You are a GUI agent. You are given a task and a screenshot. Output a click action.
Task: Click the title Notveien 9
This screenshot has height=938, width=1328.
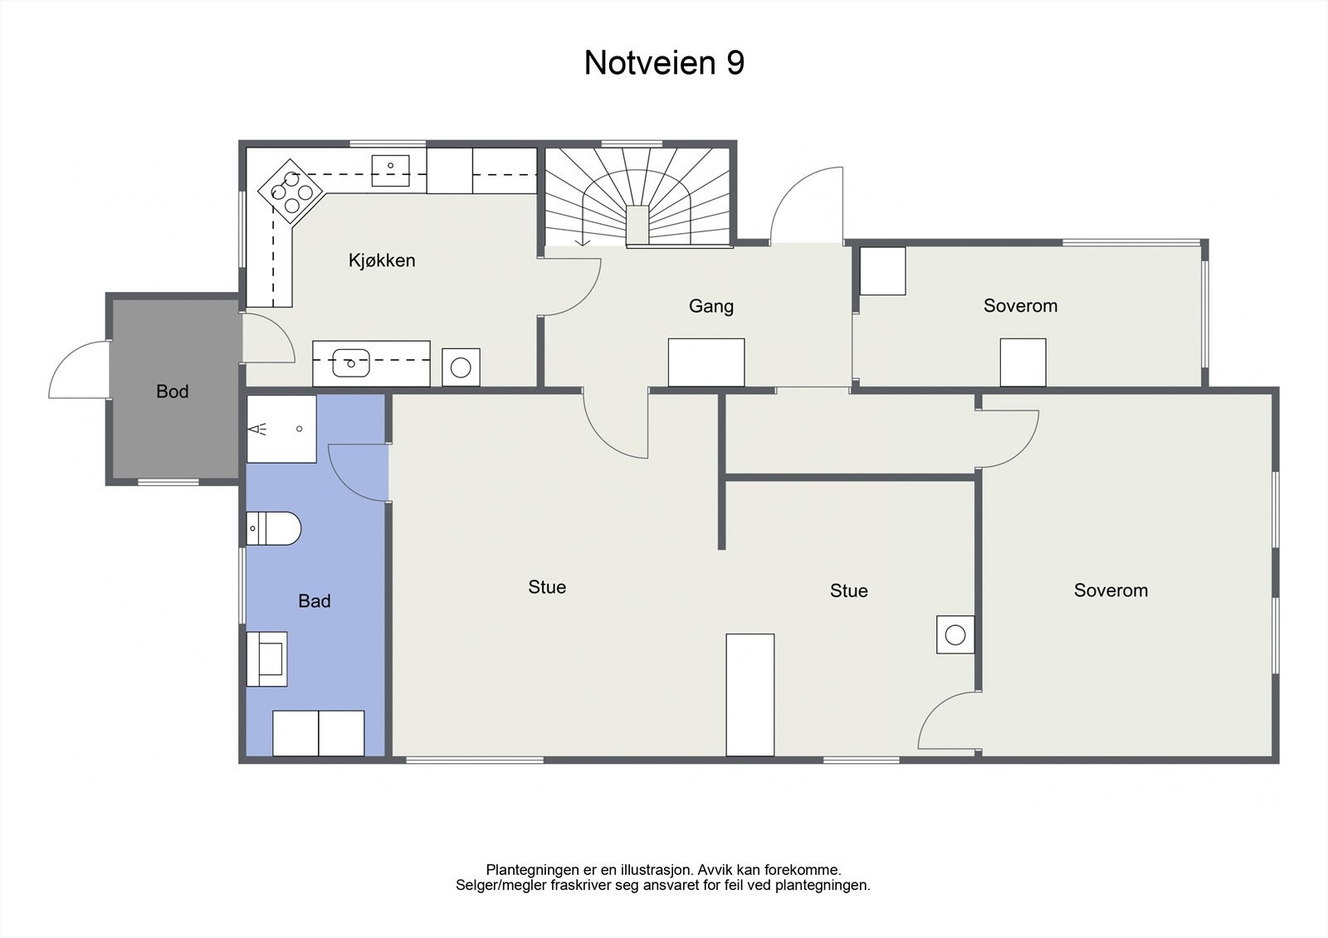point(664,63)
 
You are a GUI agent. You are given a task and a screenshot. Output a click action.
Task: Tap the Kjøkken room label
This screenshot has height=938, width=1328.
point(382,260)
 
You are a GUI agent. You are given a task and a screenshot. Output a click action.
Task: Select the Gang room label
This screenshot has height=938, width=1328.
point(711,306)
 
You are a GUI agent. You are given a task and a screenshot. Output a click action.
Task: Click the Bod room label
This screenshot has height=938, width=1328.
point(173,391)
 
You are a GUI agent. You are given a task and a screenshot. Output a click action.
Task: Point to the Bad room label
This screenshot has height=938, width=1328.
point(315,601)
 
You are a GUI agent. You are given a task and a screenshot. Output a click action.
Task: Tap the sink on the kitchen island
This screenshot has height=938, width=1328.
point(351,362)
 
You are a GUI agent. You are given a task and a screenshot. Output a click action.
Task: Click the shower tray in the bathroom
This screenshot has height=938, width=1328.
point(281,429)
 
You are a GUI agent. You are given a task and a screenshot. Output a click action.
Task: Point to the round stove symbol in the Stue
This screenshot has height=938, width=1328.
point(955,635)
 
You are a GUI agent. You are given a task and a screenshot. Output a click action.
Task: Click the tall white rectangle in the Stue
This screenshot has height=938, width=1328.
point(750,695)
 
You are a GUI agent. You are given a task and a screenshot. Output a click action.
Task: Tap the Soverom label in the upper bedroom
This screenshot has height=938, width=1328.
point(1020,306)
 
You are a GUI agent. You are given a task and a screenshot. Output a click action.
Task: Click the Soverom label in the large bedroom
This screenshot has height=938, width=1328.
point(1111,591)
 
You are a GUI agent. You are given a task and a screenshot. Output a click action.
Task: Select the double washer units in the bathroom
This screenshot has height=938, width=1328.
point(319,733)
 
